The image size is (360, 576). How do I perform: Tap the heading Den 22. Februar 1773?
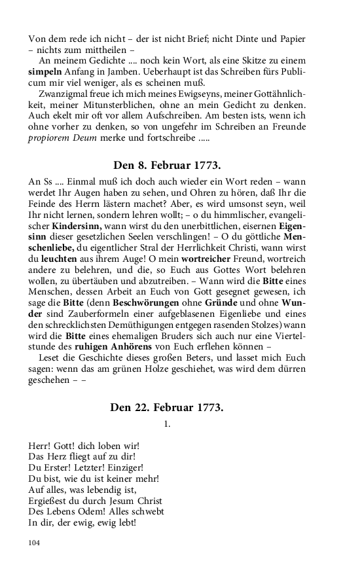click(x=167, y=407)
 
